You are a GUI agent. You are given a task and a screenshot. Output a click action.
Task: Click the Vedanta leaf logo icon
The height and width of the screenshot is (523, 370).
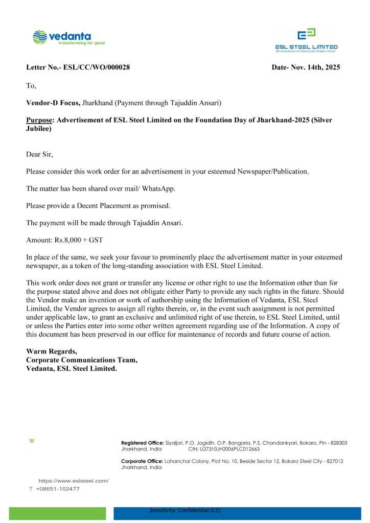(x=39, y=37)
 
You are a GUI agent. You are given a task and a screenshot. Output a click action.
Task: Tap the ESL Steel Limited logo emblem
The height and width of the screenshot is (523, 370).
(x=307, y=35)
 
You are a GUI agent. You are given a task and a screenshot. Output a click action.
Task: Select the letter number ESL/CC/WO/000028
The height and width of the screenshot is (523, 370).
(x=97, y=67)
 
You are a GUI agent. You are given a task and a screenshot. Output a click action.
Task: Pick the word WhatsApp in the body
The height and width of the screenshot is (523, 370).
(x=158, y=188)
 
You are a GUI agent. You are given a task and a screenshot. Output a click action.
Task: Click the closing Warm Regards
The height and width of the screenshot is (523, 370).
(x=52, y=351)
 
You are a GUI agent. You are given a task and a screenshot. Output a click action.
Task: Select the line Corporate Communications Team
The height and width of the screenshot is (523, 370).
(x=82, y=360)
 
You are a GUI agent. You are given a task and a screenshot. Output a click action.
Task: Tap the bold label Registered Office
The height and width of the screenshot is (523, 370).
(x=142, y=443)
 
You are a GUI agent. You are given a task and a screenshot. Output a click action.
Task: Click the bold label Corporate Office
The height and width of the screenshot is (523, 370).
(x=142, y=461)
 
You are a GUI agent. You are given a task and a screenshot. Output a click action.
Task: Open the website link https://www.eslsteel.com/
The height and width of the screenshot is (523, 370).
(x=74, y=481)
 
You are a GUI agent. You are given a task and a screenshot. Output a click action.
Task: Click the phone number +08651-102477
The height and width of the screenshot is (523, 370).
(x=58, y=489)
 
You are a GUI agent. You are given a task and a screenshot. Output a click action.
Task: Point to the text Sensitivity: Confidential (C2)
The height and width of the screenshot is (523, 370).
(x=184, y=510)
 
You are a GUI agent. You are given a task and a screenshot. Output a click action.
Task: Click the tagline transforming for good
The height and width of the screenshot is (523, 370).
(x=82, y=43)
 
